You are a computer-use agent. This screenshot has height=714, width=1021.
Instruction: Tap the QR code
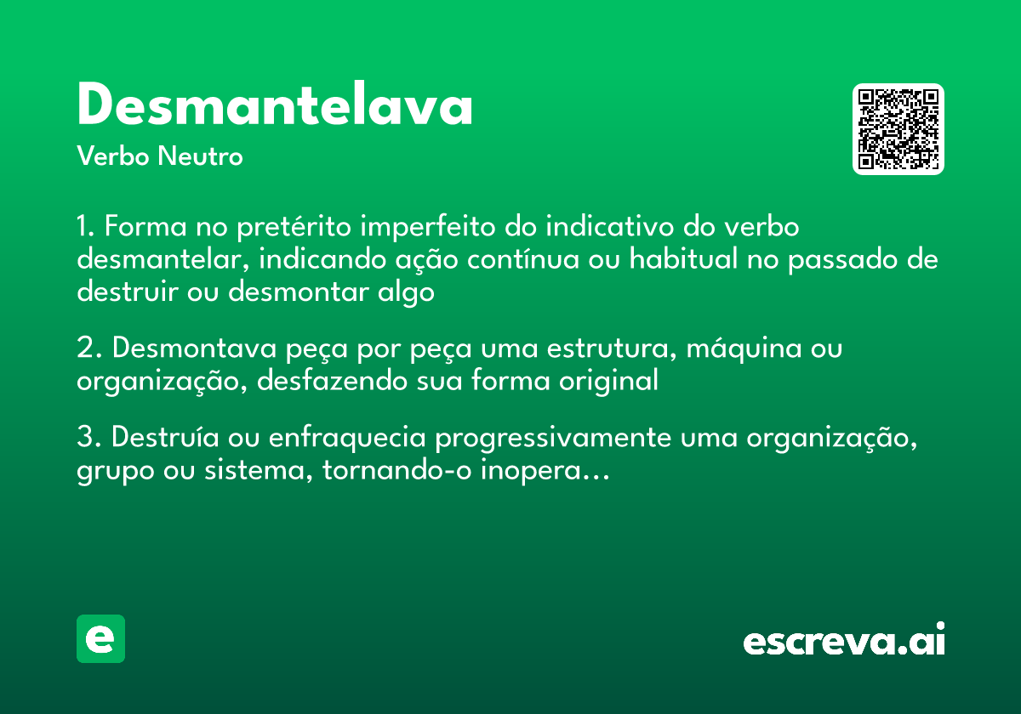(x=898, y=129)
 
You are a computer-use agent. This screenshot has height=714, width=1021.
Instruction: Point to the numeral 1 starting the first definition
(x=83, y=228)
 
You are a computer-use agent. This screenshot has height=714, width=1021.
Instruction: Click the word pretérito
(x=295, y=229)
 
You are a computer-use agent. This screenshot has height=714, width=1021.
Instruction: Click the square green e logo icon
(x=100, y=638)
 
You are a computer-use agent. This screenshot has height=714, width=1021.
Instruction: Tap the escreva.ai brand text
(x=843, y=639)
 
